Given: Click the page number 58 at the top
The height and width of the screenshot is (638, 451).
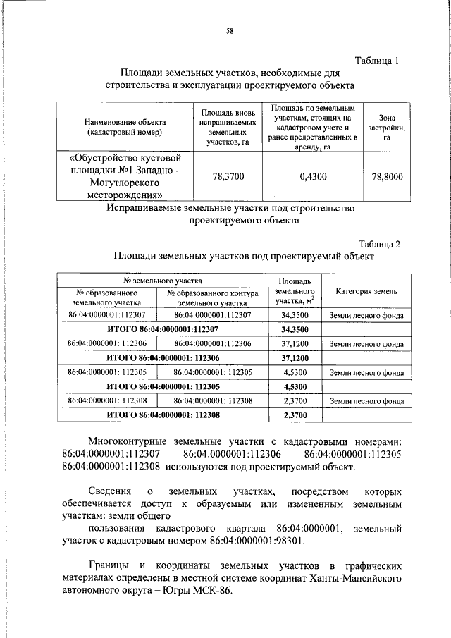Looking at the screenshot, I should coord(230,30).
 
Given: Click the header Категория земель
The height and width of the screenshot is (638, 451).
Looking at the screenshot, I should coord(366,291).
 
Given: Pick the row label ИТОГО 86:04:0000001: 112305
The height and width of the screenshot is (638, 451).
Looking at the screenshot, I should coord(163,386).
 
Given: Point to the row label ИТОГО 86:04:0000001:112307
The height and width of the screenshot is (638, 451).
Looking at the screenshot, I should coord(163,329).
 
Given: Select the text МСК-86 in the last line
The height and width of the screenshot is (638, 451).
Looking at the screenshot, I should coord(214,591).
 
